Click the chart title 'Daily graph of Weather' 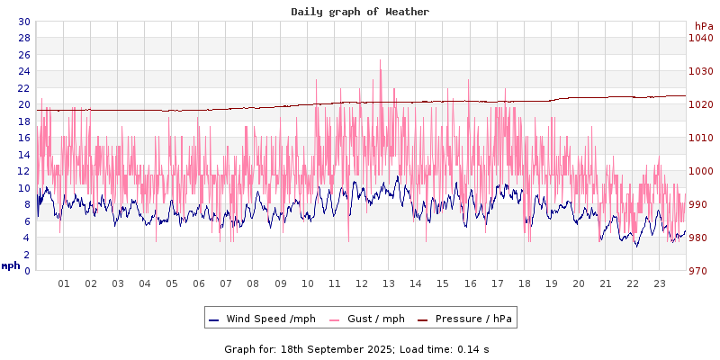pos(360,12)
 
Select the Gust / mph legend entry pos(372,319)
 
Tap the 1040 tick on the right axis pos(700,38)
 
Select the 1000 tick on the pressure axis pos(700,171)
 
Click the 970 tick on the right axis pos(700,271)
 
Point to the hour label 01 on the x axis pos(64,283)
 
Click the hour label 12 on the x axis pos(362,283)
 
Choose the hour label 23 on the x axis pos(660,283)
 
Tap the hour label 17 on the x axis pos(497,283)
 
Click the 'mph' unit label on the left pos(11,265)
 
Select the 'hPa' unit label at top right pos(704,26)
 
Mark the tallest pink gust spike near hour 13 pos(381,61)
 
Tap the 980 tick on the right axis pos(700,238)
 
